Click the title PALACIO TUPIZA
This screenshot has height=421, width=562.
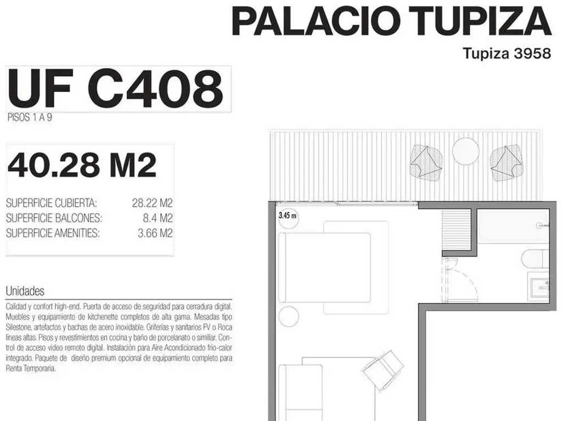coord(391,21)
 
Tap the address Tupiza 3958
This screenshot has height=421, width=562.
coord(507,53)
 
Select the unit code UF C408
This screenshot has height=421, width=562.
coord(115,88)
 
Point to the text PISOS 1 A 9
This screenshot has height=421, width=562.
coord(30,117)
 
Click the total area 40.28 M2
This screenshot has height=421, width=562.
coord(82,165)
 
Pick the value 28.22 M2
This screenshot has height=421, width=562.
coord(153,203)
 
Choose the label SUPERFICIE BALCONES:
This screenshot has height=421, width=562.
coord(54,218)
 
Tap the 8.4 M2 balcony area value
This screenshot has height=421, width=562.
coord(158,218)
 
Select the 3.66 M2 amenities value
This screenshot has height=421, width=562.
coord(155,234)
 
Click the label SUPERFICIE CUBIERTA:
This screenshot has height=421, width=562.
coord(51,203)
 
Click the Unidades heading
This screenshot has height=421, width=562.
coord(25,291)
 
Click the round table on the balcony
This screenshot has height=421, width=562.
coord(465,151)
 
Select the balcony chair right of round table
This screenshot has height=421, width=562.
coord(505,162)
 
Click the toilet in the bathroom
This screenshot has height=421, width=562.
coord(535,259)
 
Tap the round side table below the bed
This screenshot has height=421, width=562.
coord(289,316)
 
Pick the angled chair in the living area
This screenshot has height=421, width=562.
coord(383,369)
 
